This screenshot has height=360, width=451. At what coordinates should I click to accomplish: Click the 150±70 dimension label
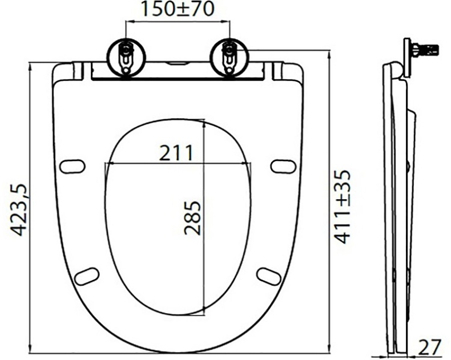click(178, 10)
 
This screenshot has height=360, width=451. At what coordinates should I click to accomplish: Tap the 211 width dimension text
click(175, 152)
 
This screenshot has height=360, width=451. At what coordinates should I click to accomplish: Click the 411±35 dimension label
click(342, 207)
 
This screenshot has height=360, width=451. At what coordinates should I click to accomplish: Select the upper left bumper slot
click(73, 166)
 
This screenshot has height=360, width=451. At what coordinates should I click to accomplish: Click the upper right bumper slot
click(283, 166)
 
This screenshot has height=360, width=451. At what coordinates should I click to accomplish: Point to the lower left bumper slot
click(87, 276)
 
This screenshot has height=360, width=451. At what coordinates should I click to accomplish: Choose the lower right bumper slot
click(268, 276)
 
